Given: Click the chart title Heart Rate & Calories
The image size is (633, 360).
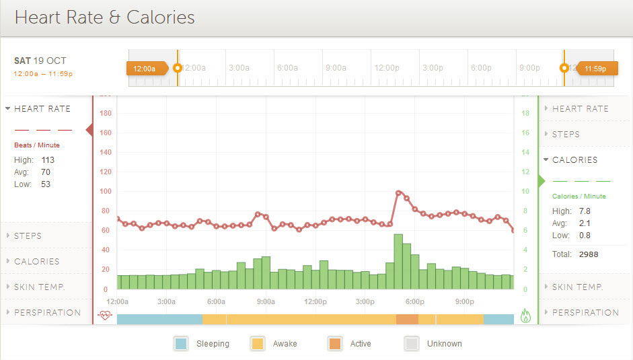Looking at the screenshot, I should click(105, 17).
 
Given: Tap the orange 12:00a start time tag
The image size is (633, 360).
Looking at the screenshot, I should click(145, 68).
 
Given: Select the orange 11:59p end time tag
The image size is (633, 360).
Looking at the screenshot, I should click(594, 68).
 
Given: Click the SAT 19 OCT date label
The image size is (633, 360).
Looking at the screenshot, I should click(40, 61).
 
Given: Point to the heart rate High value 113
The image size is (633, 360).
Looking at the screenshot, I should click(47, 160).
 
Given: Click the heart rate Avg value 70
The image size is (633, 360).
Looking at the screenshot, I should click(46, 172).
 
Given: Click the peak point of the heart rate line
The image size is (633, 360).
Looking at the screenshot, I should click(399, 193).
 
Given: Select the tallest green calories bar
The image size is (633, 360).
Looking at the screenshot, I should click(398, 261).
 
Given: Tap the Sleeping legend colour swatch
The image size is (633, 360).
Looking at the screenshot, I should click(181, 344).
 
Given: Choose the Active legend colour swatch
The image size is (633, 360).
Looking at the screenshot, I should click(334, 344).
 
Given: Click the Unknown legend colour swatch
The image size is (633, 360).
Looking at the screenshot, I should click(412, 344).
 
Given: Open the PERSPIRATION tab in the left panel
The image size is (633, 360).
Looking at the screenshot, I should click(47, 312).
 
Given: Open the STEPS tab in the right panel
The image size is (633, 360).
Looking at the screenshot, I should click(566, 134).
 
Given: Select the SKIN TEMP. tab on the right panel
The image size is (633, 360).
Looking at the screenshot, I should click(577, 287).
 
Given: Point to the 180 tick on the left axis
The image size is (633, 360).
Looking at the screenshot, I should click(106, 113).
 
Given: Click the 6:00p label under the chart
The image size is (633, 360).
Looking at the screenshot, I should click(415, 301).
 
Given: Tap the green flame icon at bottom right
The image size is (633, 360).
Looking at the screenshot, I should click(525, 316).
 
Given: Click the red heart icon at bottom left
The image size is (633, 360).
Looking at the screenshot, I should click(104, 315).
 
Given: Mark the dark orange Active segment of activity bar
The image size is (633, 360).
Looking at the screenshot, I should click(407, 319).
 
